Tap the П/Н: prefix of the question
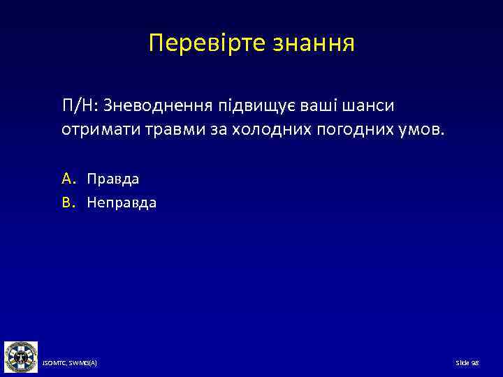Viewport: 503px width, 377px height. pyautogui.click(x=80, y=105)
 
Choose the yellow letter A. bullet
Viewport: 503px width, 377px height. pyautogui.click(x=68, y=179)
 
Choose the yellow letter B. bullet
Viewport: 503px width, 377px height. pyautogui.click(x=68, y=203)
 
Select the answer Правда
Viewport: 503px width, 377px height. pyautogui.click(x=113, y=179)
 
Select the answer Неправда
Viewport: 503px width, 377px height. pyautogui.click(x=122, y=203)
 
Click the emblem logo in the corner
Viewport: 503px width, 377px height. pyautogui.click(x=20, y=357)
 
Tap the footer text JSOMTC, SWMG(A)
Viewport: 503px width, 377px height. pyautogui.click(x=69, y=364)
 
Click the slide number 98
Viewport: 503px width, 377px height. pyautogui.click(x=467, y=364)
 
